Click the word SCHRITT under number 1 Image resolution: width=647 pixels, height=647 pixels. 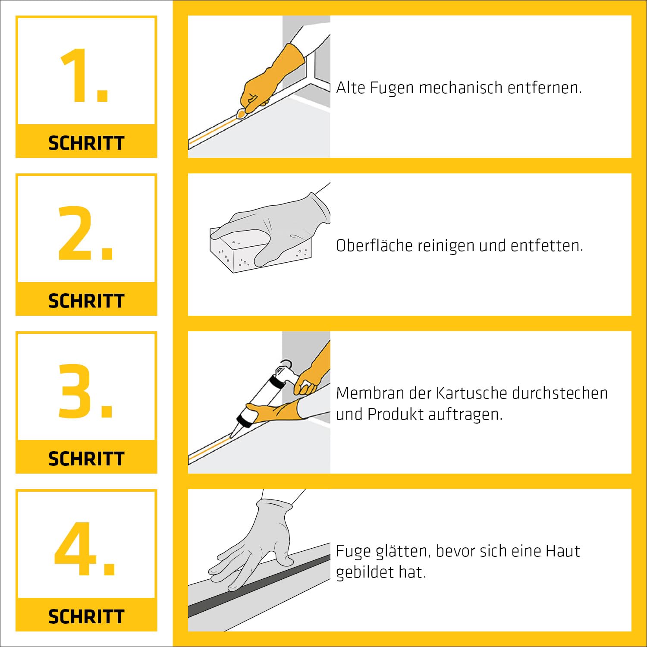pos(86,143)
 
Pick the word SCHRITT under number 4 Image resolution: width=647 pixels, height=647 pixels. pos(86,617)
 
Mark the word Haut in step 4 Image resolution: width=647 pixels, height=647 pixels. pos(562,551)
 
